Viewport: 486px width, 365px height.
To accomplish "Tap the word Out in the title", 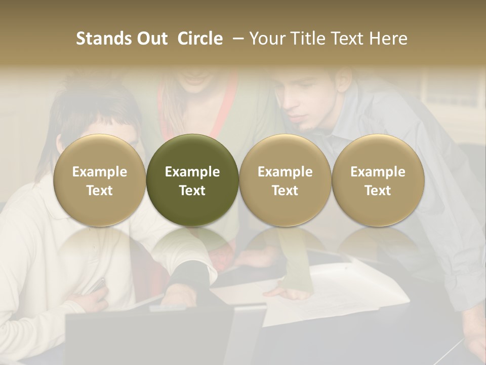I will coord(150,39).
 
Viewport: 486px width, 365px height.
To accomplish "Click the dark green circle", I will coord(192,180).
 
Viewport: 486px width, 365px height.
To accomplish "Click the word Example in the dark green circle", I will coord(192,172).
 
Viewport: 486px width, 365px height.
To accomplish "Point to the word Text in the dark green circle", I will coord(192,191).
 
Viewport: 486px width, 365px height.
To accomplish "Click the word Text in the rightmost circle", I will coord(378,191).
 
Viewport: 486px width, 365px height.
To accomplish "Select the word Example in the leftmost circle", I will coord(100,172).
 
